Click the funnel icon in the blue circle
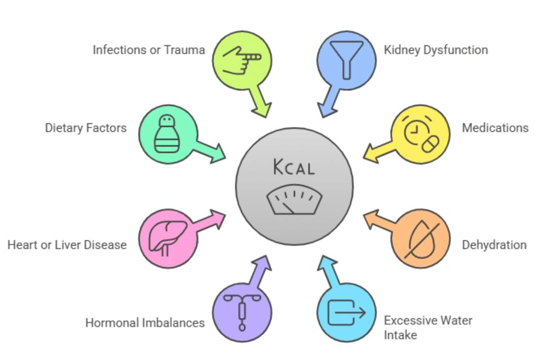click(x=346, y=59)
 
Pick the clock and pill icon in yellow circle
click(x=420, y=134)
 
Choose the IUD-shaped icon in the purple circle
click(x=242, y=312)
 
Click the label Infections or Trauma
click(x=149, y=50)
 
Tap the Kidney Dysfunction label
click(x=436, y=50)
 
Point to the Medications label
click(x=495, y=128)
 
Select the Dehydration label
click(x=494, y=245)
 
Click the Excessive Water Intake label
click(x=428, y=327)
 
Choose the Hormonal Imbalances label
click(x=145, y=323)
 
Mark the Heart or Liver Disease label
click(x=67, y=245)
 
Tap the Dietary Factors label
click(x=86, y=128)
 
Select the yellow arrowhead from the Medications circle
click(x=372, y=152)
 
